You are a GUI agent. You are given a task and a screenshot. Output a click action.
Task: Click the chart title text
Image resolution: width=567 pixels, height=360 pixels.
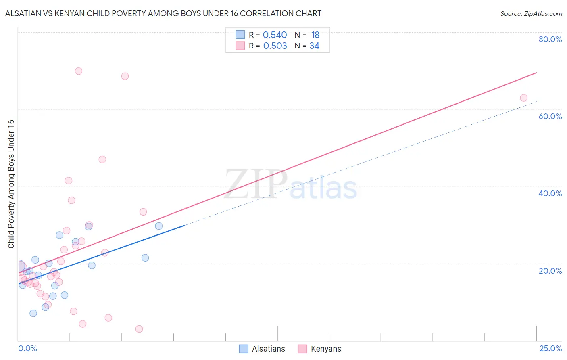click(x=163, y=13)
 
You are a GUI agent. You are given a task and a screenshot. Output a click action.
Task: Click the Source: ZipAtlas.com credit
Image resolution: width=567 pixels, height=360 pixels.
click(x=531, y=14)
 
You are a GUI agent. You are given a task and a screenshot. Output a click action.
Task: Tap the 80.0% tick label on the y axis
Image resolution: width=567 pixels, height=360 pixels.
click(x=550, y=39)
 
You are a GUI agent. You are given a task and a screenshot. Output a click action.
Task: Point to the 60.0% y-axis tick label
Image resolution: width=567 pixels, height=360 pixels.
click(x=550, y=116)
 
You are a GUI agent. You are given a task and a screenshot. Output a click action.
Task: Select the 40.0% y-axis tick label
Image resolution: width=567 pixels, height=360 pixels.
click(x=550, y=193)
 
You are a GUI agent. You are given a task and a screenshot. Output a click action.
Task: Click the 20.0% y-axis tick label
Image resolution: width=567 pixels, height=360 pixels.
click(x=550, y=271)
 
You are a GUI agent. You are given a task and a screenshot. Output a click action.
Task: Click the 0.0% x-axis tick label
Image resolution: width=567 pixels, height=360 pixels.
click(x=27, y=348)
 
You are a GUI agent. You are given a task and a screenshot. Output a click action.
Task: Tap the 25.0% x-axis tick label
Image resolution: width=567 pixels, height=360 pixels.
click(x=550, y=348)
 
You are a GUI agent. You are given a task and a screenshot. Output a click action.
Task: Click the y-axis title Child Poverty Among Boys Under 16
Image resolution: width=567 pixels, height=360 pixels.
click(x=11, y=184)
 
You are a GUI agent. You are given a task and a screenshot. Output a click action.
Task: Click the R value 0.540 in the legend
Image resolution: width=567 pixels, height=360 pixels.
click(x=275, y=35)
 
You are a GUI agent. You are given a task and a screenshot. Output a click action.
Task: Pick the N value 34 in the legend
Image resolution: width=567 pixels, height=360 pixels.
click(x=314, y=46)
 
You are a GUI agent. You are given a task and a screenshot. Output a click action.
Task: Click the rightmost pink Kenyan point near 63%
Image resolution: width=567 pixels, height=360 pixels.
click(x=523, y=98)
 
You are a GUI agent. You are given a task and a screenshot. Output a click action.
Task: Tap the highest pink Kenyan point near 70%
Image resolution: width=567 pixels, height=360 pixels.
click(x=79, y=71)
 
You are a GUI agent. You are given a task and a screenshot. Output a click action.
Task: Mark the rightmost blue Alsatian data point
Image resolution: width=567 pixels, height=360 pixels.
click(x=159, y=226)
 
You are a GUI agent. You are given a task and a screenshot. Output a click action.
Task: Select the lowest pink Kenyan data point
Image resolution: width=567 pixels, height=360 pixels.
click(x=139, y=329)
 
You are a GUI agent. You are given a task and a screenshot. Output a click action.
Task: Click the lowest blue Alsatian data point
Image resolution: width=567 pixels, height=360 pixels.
click(x=33, y=313)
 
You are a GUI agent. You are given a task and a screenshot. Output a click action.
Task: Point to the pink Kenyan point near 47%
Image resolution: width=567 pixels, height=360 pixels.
click(x=102, y=159)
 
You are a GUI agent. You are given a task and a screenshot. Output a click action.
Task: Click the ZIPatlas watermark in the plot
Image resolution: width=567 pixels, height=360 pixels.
click(x=290, y=185)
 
